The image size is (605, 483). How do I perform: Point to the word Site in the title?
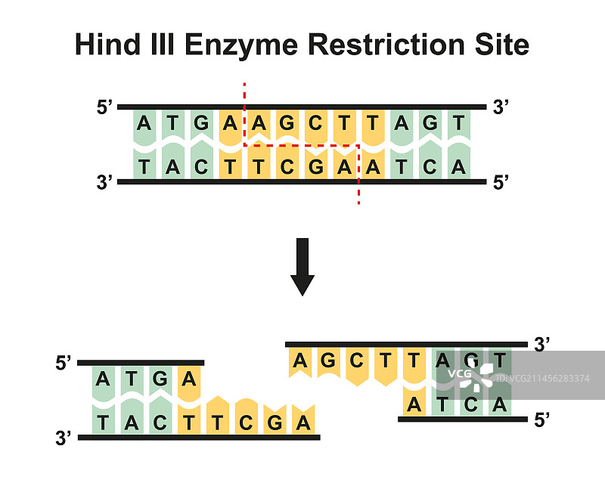coord(503,45)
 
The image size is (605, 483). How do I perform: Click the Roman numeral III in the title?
coord(172,45)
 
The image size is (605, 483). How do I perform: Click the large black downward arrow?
coord(302,266)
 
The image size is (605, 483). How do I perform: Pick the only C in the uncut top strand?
coord(315,122)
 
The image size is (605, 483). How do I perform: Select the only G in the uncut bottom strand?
coord(315,167)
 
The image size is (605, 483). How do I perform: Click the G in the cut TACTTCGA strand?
coord(275,422)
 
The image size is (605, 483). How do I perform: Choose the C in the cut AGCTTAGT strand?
coord(355,361)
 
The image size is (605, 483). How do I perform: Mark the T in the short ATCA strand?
coord(442,405)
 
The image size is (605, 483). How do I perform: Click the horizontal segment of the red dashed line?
coord(301,145)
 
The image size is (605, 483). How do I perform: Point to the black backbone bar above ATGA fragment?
coord(141,363)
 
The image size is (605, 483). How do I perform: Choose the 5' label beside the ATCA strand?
coord(541,420)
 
